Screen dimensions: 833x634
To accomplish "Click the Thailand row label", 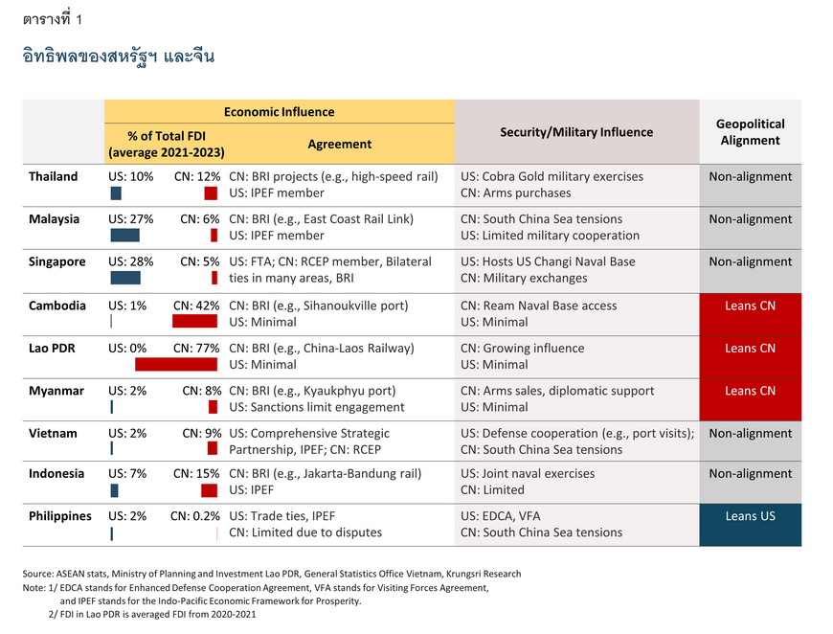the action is [x=53, y=176].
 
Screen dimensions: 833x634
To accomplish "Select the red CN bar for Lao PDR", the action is [x=176, y=364].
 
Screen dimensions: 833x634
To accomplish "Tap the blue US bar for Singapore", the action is [x=125, y=278].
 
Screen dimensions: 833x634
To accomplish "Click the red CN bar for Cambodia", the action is [x=194, y=321].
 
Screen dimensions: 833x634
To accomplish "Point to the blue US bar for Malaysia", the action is [x=124, y=235].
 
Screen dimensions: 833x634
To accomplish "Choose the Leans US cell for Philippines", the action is [x=750, y=525].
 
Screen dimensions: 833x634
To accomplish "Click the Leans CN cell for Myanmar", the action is [x=750, y=399].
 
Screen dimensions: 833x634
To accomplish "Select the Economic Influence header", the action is [x=279, y=112].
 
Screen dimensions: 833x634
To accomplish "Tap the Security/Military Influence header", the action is [x=576, y=132].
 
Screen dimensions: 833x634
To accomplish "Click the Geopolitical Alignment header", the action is [x=750, y=132].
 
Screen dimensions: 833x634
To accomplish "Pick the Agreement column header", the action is [x=340, y=144].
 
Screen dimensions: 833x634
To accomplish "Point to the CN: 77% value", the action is [x=196, y=348].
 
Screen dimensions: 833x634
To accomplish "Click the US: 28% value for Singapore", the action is [x=130, y=261].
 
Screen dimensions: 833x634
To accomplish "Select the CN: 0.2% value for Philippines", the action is [x=195, y=516].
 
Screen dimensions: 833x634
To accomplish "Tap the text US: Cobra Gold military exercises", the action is [x=552, y=176].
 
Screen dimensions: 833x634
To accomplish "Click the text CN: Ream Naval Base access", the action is [x=539, y=306].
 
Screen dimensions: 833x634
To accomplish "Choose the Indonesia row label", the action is [x=56, y=473].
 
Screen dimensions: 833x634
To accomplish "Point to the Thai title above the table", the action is [x=119, y=57].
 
